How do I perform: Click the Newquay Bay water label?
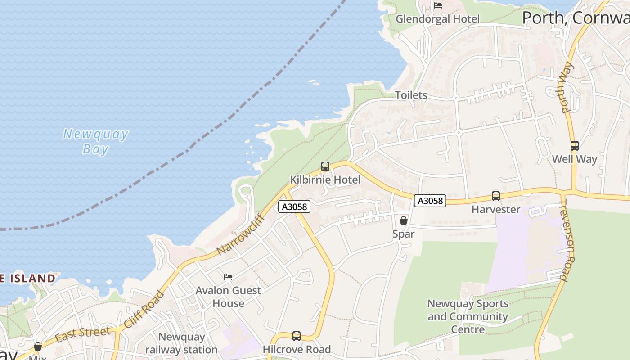(x=95, y=141)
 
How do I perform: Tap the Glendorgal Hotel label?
(x=437, y=19)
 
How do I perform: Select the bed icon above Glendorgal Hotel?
(x=438, y=5)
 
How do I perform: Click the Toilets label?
(x=411, y=95)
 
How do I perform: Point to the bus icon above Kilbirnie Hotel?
(x=325, y=166)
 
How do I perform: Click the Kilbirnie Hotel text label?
(x=325, y=180)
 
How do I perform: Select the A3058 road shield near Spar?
(x=430, y=201)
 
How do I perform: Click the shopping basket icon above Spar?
(x=404, y=220)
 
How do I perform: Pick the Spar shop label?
(x=403, y=234)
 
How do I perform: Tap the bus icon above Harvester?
(x=495, y=196)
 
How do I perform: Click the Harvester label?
(x=495, y=209)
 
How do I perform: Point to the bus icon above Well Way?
(x=574, y=146)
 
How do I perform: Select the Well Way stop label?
(x=574, y=159)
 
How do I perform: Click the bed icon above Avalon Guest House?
(x=228, y=277)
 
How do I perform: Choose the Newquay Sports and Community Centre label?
(x=468, y=316)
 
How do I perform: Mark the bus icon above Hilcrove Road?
(x=296, y=336)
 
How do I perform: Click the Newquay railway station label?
(x=181, y=343)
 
